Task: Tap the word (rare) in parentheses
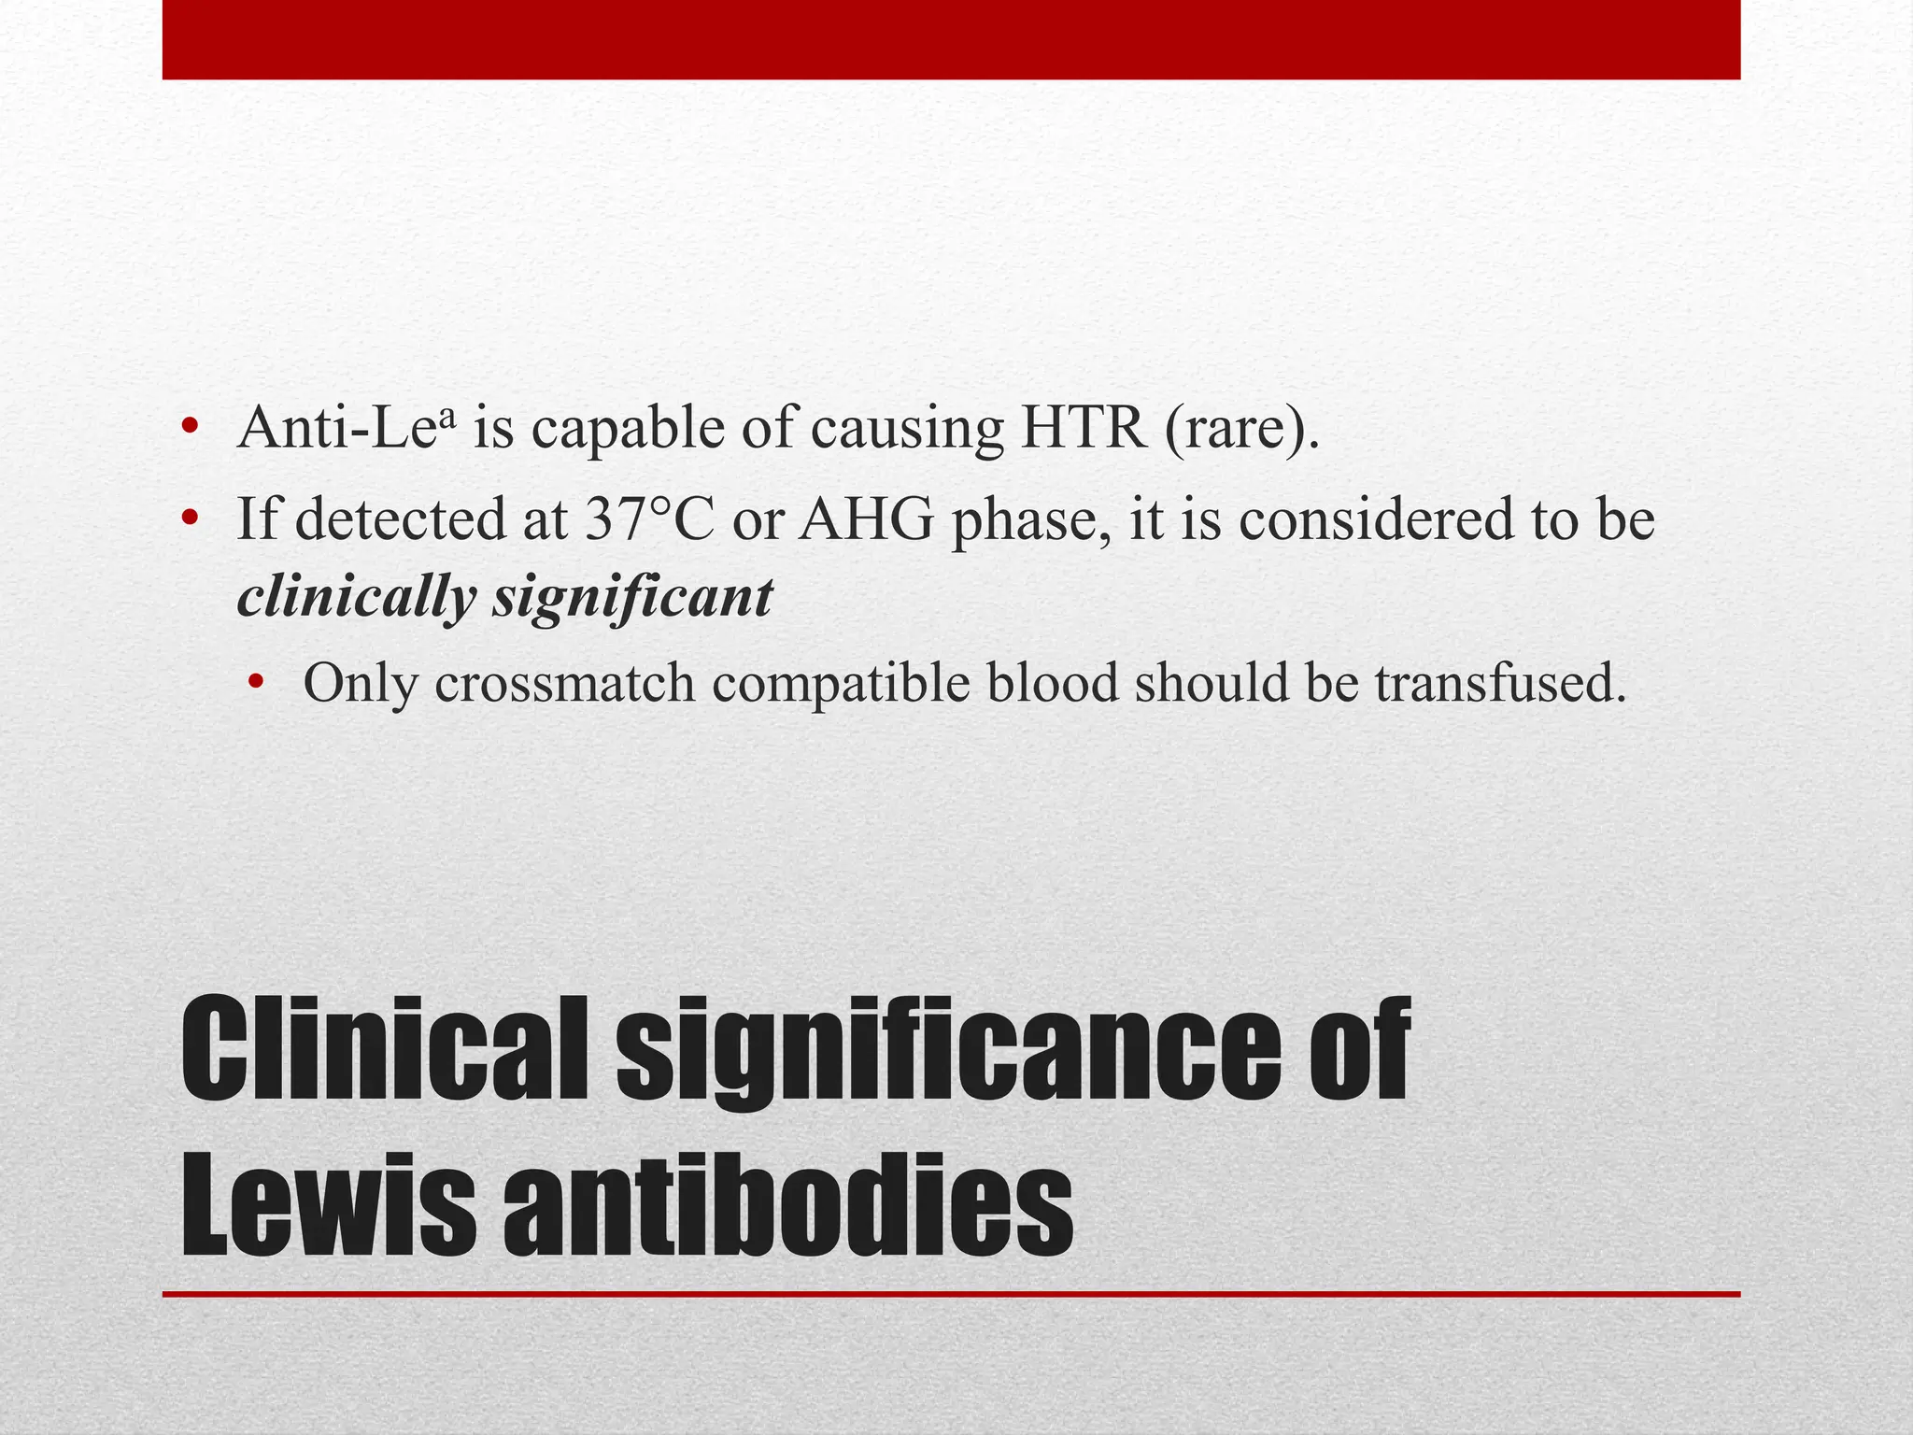pyautogui.click(x=1241, y=431)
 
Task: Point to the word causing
pyautogui.click(x=906, y=431)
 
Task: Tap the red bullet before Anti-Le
pyautogui.click(x=191, y=428)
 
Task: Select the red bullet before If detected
pyautogui.click(x=191, y=518)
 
